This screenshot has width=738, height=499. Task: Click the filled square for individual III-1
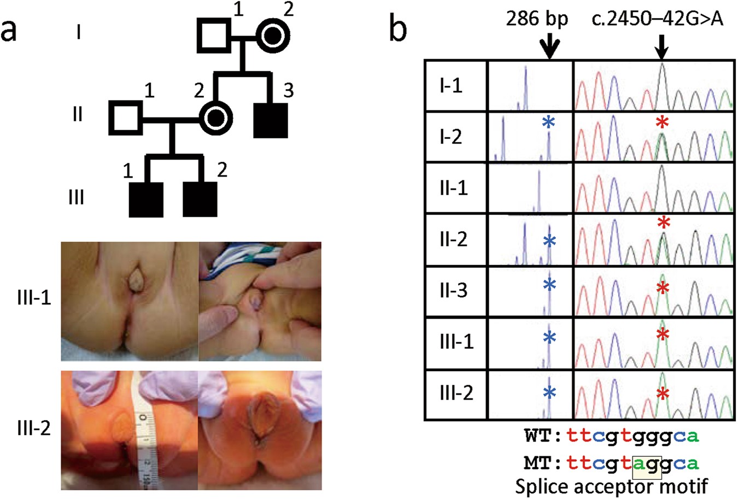[x=145, y=199]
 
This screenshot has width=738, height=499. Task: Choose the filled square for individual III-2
[x=200, y=199]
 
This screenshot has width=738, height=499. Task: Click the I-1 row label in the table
[x=452, y=86]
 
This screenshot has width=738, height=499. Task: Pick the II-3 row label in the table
[x=454, y=290]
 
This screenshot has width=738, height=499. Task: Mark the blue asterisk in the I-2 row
[x=548, y=124]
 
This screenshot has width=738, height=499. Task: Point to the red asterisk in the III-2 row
[x=663, y=394]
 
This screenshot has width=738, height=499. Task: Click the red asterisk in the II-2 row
[x=664, y=222]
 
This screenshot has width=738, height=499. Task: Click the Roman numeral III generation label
[x=76, y=196]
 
